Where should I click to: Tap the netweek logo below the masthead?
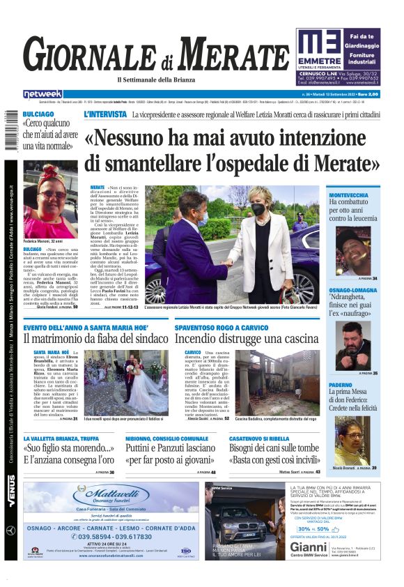pyautogui.click(x=42, y=94)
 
